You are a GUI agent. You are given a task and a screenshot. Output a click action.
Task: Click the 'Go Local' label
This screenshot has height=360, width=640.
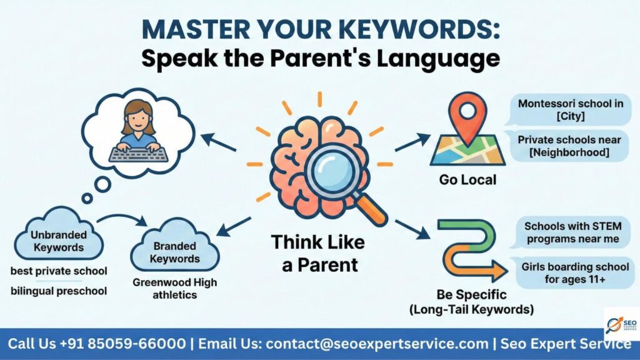pyautogui.click(x=467, y=180)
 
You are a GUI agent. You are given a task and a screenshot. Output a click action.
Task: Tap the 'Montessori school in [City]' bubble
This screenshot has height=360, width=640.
pyautogui.click(x=570, y=110)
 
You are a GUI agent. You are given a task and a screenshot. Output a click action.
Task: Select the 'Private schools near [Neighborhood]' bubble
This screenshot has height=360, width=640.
pyautogui.click(x=570, y=146)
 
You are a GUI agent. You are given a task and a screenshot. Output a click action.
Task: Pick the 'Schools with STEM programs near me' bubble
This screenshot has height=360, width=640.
pyautogui.click(x=571, y=232)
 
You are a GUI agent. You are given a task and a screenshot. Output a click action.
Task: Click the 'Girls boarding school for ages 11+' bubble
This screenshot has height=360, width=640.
pyautogui.click(x=574, y=273)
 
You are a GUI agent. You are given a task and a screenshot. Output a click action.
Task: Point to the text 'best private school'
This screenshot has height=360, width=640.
pyautogui.click(x=59, y=271)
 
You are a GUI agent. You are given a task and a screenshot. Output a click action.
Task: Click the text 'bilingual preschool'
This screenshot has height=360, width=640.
pyautogui.click(x=59, y=291)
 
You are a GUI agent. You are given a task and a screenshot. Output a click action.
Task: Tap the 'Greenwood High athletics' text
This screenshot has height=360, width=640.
pyautogui.click(x=175, y=288)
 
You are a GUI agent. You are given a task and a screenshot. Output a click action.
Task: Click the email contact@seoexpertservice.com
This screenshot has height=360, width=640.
pyautogui.click(x=377, y=344)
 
